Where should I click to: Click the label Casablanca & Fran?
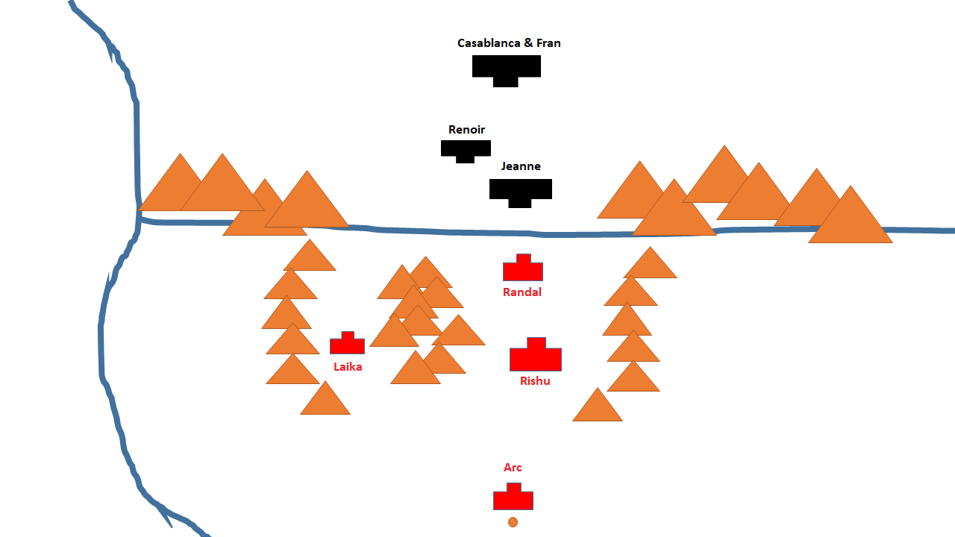coord(509,43)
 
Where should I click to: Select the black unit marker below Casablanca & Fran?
coord(506,69)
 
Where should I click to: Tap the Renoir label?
coord(466,130)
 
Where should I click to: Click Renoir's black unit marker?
coord(466,149)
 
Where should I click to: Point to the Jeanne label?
coord(521,166)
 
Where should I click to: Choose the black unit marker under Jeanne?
coord(520,190)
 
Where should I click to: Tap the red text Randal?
coord(522,292)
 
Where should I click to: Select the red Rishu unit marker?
coord(536,356)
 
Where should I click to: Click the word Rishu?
coord(535,381)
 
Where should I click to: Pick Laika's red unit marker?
coord(347,344)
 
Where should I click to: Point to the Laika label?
coord(348,367)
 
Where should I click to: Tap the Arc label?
coord(513,468)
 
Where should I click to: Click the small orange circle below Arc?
coord(513,522)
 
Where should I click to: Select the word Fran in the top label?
coord(548,43)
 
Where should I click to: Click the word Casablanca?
coord(489,43)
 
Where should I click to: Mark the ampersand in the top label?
coord(528,43)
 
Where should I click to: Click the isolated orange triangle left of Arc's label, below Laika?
coord(325,401)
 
